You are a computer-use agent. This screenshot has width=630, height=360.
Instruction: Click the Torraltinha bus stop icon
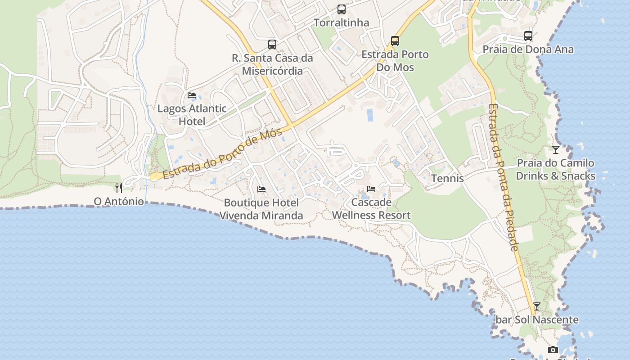click(x=342, y=9)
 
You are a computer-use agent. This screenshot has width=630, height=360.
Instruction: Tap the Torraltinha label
click(x=341, y=22)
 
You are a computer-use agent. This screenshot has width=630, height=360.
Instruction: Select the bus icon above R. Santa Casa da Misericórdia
click(x=272, y=44)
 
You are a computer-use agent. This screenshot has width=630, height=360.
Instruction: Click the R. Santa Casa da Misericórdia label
click(x=272, y=64)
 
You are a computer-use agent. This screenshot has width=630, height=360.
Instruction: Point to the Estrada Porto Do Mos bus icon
click(x=395, y=41)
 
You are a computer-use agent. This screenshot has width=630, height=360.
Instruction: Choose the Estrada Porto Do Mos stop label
click(x=395, y=61)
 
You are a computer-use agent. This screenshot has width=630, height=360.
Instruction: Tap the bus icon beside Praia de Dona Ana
click(x=528, y=36)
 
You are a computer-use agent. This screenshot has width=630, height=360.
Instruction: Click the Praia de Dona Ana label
click(x=528, y=49)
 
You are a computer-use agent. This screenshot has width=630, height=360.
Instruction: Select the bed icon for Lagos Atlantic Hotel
click(x=192, y=95)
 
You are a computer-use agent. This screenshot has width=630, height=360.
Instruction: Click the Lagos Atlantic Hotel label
click(x=192, y=115)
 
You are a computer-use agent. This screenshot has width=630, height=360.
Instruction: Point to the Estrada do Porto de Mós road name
click(x=223, y=154)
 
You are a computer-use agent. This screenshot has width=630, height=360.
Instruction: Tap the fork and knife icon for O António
click(x=119, y=188)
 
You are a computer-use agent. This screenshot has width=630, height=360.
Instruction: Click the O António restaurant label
click(x=119, y=201)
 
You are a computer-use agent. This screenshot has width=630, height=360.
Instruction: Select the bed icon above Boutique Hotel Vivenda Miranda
click(x=261, y=189)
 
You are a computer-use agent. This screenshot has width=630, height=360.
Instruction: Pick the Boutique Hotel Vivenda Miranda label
click(x=261, y=209)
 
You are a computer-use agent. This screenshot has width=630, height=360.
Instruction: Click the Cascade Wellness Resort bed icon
click(x=371, y=189)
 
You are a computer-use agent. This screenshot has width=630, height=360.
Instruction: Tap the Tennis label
click(x=447, y=178)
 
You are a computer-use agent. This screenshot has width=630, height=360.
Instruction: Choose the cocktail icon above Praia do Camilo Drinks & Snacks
click(x=556, y=149)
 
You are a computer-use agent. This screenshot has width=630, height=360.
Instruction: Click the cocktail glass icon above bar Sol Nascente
click(x=536, y=306)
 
